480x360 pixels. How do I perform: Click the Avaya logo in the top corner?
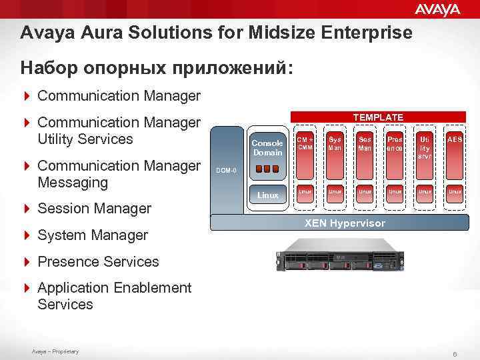(x=437, y=9)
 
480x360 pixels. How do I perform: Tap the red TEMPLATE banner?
(x=378, y=117)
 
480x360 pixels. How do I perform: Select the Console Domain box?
(x=267, y=147)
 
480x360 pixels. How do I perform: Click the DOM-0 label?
(x=227, y=171)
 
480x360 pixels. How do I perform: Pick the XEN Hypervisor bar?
(x=345, y=223)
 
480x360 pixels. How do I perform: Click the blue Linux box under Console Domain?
(x=268, y=195)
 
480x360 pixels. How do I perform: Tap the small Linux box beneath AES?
(x=455, y=191)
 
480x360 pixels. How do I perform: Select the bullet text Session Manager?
(x=95, y=209)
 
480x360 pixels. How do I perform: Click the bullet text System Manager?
(x=93, y=235)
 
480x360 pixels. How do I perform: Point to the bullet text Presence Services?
(x=98, y=262)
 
